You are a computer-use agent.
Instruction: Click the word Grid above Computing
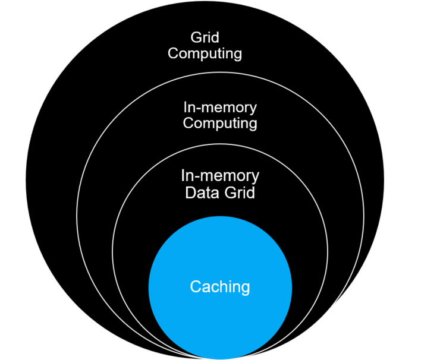[x=205, y=38]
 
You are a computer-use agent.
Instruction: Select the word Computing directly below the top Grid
[x=205, y=53]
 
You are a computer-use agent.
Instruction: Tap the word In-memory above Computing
[x=220, y=108]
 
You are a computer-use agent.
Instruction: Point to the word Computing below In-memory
[x=220, y=123]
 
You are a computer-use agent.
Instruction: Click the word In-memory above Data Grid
[x=220, y=176]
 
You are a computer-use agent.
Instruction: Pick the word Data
[x=200, y=192]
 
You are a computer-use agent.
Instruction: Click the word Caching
[x=220, y=287]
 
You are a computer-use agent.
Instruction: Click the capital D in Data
[x=190, y=192]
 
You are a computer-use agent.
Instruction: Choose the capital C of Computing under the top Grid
[x=173, y=53]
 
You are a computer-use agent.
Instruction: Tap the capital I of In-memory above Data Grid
[x=183, y=176]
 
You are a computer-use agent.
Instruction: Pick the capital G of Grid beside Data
[x=227, y=192]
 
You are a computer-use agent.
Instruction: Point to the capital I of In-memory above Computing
[x=186, y=108]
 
